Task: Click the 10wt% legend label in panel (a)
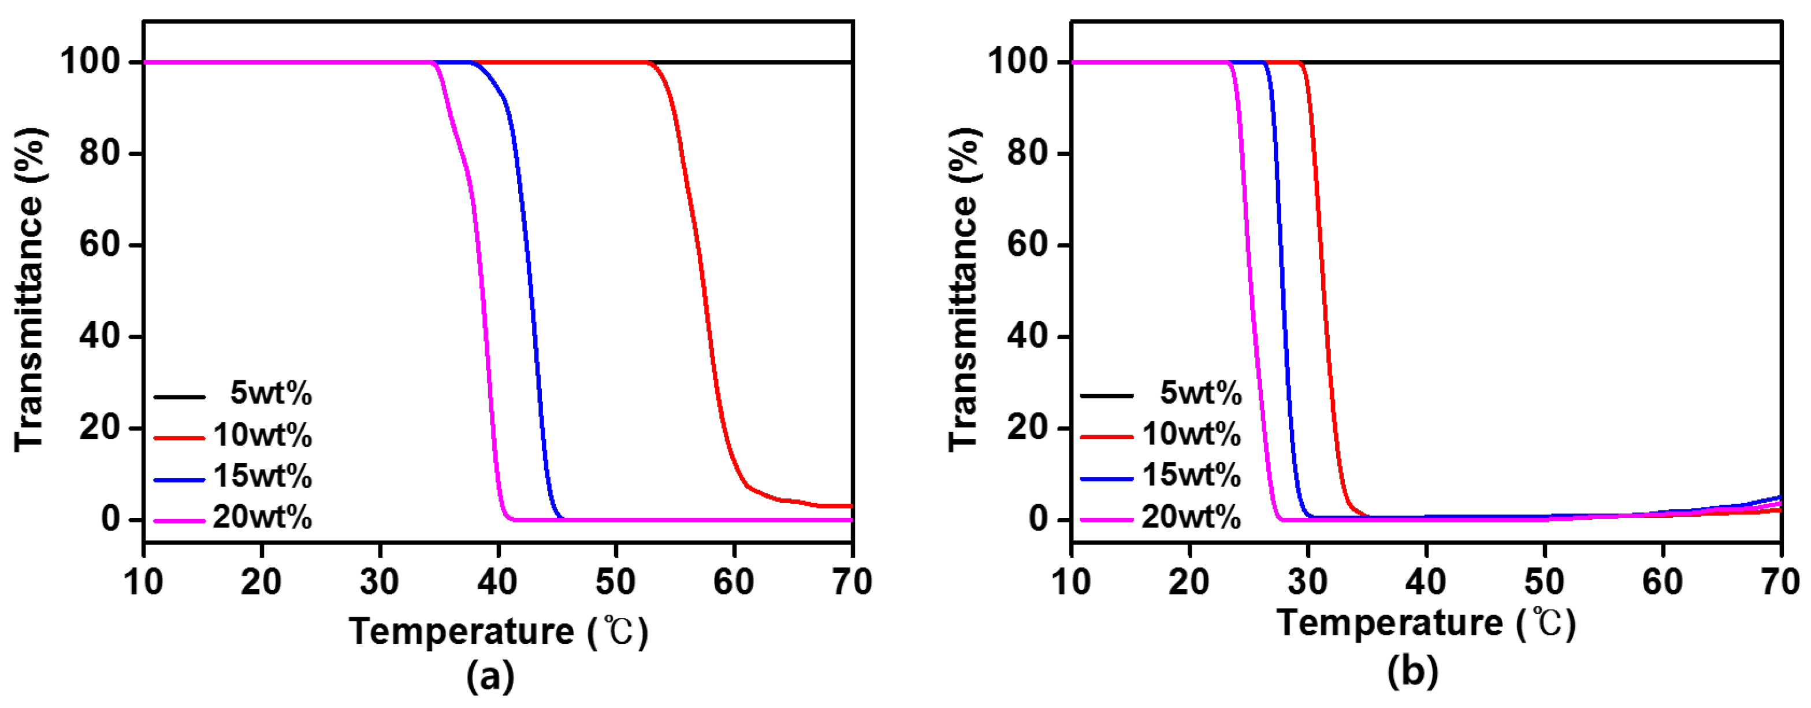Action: [262, 435]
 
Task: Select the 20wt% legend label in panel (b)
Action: [1191, 517]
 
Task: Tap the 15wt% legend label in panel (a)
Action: [262, 477]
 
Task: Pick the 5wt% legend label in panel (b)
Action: [1200, 393]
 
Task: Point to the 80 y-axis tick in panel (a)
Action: [99, 153]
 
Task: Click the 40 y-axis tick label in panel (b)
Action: [1027, 336]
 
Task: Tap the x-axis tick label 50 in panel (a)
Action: [616, 583]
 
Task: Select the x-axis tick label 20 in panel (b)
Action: [1189, 583]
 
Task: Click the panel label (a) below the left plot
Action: [490, 677]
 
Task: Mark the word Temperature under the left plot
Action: [462, 631]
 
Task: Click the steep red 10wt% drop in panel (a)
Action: [703, 281]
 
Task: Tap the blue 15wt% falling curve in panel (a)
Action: [531, 281]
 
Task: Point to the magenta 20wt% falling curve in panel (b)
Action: [1250, 281]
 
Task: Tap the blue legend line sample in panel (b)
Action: [1107, 479]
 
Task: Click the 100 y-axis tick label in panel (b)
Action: [1018, 62]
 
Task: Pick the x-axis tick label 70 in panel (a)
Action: [852, 583]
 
